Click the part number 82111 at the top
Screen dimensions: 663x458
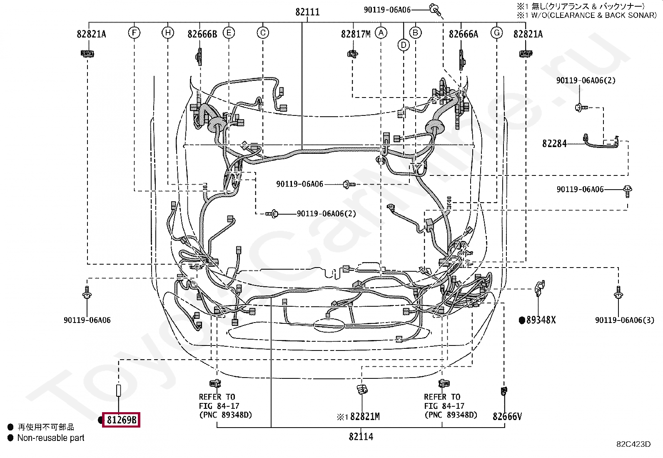click(307, 12)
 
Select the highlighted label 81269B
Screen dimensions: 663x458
click(121, 420)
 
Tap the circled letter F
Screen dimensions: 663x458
click(134, 32)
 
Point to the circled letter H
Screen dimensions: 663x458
click(168, 32)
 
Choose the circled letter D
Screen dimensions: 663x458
click(404, 45)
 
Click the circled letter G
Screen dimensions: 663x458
click(497, 32)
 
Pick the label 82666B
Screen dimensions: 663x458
click(202, 34)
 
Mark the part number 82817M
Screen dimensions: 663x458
click(356, 34)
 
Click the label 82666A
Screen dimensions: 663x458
click(464, 34)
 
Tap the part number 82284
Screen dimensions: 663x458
click(554, 144)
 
